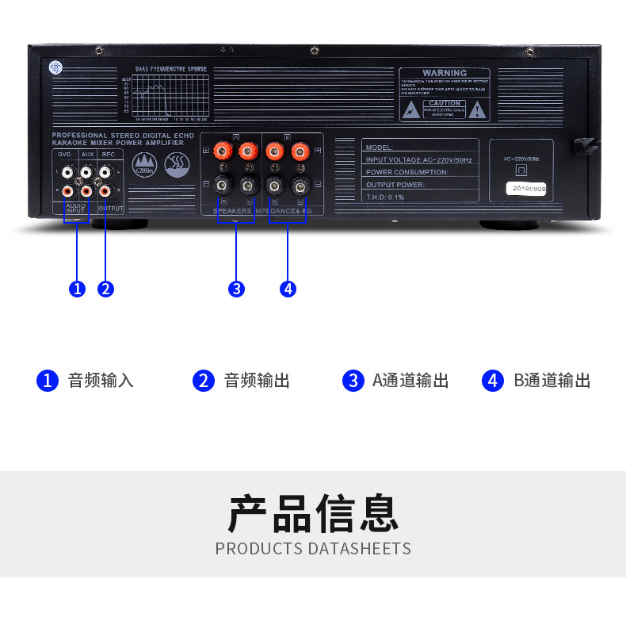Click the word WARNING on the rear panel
click(x=444, y=73)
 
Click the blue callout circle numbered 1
click(x=77, y=289)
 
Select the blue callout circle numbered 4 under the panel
click(x=288, y=289)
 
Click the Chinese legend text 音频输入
click(x=101, y=381)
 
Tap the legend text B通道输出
click(x=552, y=381)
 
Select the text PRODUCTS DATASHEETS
click(x=313, y=549)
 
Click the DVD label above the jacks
click(x=65, y=154)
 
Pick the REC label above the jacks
click(x=108, y=154)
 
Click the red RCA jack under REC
click(x=105, y=190)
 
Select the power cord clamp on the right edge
click(x=586, y=146)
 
